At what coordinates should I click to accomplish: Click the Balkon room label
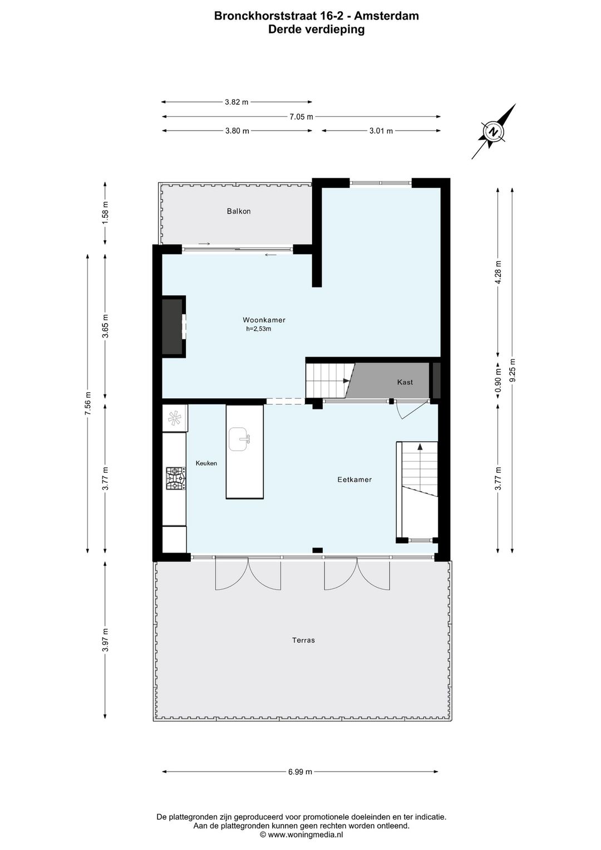(x=239, y=211)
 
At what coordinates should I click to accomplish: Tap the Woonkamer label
(x=264, y=320)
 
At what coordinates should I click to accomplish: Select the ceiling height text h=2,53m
(x=259, y=329)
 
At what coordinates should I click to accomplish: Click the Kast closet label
(x=405, y=382)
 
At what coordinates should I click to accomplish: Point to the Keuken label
(x=206, y=463)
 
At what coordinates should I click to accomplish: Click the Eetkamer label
(x=354, y=480)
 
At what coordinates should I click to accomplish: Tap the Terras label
(x=303, y=640)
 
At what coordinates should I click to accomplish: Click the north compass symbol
(x=493, y=132)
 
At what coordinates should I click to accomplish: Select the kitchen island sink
(x=240, y=439)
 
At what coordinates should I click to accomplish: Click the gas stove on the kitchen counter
(x=175, y=478)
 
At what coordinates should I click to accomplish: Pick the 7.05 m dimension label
(x=301, y=116)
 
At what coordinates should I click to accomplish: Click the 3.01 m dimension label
(x=381, y=131)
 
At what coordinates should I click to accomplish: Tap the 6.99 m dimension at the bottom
(x=300, y=771)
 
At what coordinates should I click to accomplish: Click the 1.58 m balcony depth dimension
(x=105, y=212)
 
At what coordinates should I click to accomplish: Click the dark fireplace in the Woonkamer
(x=173, y=327)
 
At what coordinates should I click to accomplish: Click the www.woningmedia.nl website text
(x=306, y=835)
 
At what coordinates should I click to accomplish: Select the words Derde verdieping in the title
(x=316, y=30)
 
